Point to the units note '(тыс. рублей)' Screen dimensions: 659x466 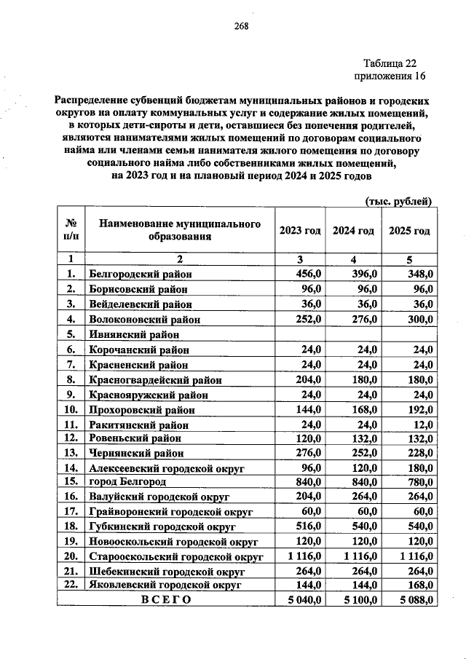[x=398, y=201]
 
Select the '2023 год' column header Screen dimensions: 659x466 [x=299, y=230]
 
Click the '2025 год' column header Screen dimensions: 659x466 [x=410, y=230]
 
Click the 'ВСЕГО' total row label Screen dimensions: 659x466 [x=167, y=601]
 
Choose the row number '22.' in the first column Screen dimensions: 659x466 [x=71, y=586]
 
